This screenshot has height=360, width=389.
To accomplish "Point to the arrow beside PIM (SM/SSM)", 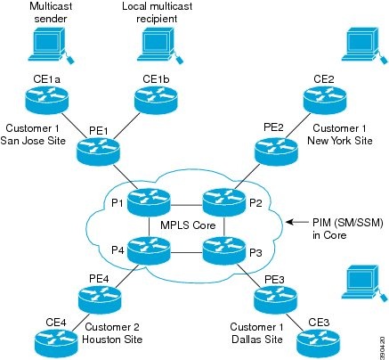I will point(293,222).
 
